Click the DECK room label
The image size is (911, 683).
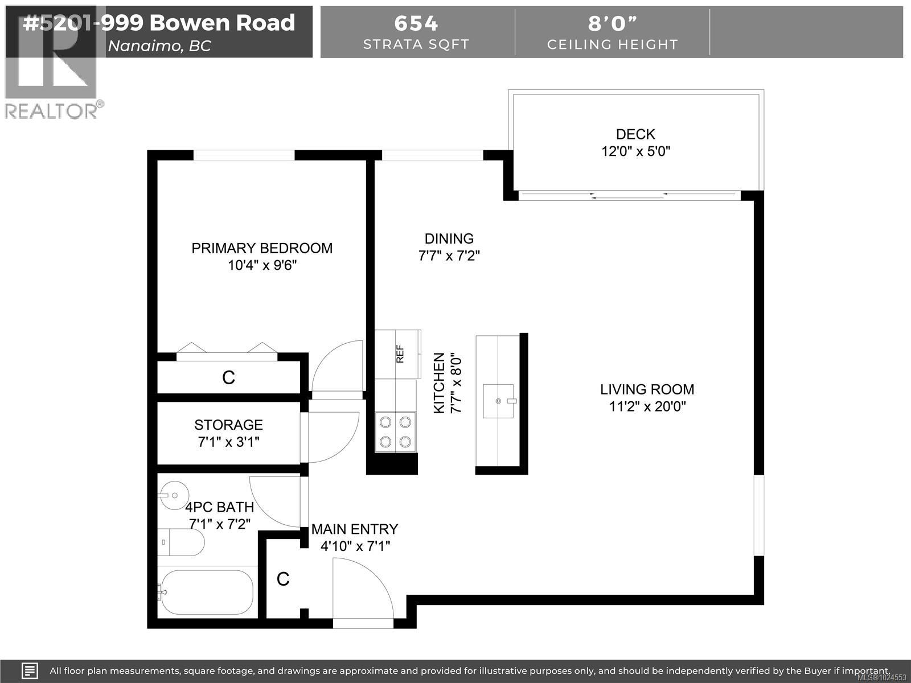(x=635, y=134)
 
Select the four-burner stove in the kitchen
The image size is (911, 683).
(x=395, y=431)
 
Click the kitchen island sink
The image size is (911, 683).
(x=499, y=401)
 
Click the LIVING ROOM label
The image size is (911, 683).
(x=647, y=390)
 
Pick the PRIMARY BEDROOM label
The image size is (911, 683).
(x=262, y=248)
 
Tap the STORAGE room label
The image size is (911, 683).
(x=228, y=425)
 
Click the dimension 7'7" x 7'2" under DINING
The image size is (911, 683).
(x=449, y=256)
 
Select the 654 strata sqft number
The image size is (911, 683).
(x=416, y=23)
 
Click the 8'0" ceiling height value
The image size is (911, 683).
(x=612, y=23)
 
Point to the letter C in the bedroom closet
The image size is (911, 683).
(x=228, y=377)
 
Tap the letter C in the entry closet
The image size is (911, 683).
(x=283, y=579)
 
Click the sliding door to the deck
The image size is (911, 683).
(x=629, y=195)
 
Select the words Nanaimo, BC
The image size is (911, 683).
(x=159, y=46)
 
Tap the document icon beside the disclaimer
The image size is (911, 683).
(x=30, y=670)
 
